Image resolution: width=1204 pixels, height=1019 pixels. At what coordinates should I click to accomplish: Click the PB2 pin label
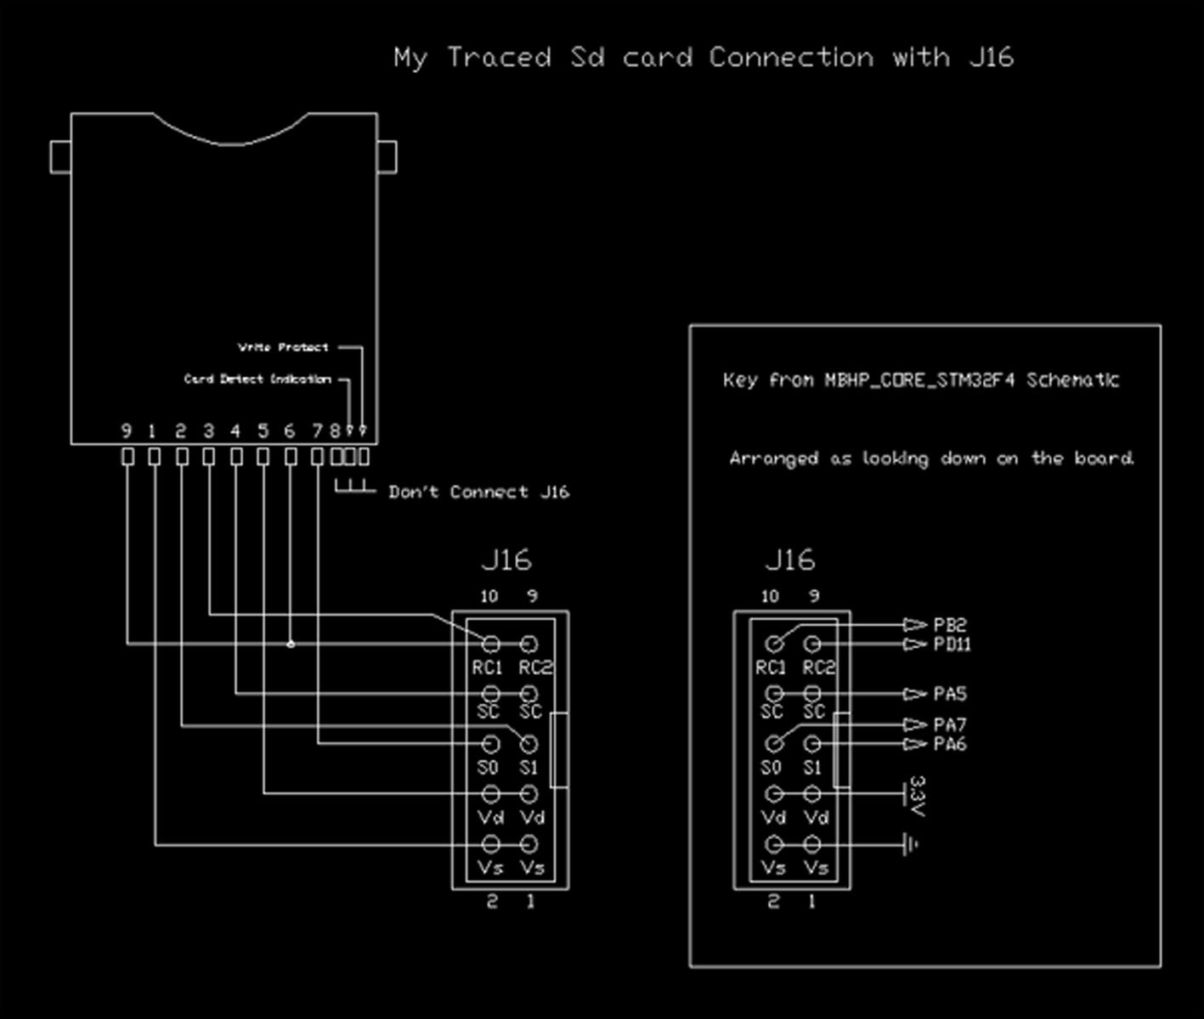[950, 625]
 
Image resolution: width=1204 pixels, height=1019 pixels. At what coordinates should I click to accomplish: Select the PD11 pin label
[952, 645]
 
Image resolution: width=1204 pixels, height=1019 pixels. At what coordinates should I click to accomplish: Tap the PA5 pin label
[950, 695]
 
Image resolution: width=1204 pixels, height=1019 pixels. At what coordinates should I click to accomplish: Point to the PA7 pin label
[950, 725]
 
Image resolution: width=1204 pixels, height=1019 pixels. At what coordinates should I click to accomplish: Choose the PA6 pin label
[950, 745]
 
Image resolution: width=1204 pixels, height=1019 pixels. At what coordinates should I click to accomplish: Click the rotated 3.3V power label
[917, 796]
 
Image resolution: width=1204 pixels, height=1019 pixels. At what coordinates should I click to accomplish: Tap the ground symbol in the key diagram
[912, 845]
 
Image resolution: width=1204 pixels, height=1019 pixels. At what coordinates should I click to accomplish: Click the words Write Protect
[283, 347]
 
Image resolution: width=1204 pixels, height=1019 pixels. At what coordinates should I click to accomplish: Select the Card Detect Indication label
[257, 379]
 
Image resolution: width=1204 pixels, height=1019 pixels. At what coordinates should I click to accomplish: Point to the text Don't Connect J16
[478, 493]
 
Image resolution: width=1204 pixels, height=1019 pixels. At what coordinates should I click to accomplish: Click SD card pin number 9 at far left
[127, 431]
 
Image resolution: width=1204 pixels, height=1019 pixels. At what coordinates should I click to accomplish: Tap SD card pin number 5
[263, 431]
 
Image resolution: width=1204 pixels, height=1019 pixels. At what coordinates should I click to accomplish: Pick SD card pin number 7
[317, 431]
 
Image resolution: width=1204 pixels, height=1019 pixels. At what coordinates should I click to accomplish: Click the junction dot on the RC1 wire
[291, 645]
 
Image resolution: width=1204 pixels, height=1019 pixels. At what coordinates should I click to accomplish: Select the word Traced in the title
[499, 58]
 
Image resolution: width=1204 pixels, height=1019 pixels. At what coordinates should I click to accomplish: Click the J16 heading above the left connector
[506, 560]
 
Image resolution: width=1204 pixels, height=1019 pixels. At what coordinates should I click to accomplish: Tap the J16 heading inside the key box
[789, 560]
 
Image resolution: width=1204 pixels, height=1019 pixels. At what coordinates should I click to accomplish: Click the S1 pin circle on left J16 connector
[529, 745]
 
